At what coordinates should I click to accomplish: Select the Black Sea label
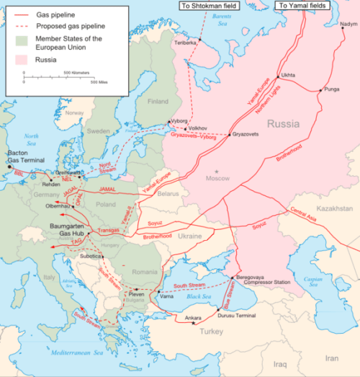197,296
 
